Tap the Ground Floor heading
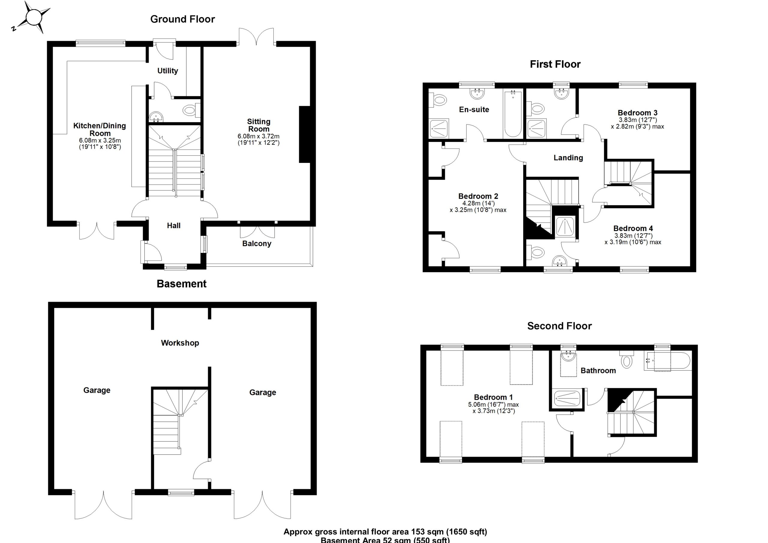[182, 19]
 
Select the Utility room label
[168, 70]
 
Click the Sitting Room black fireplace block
[304, 134]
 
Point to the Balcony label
[256, 244]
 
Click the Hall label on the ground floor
[174, 226]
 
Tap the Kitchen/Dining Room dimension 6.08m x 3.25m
[100, 140]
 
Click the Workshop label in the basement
[180, 343]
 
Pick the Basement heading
[181, 284]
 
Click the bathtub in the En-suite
[513, 114]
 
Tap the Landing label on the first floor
[568, 157]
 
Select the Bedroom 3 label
[637, 113]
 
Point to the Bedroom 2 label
[478, 196]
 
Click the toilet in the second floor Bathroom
[626, 361]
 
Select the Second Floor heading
[559, 326]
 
